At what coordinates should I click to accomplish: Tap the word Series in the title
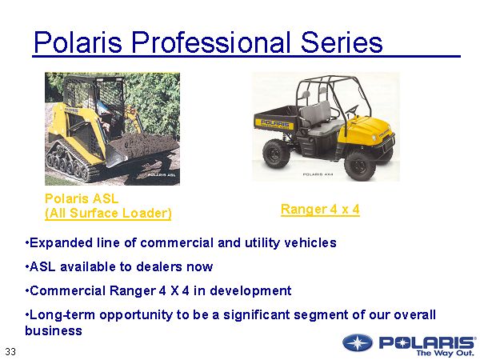342,42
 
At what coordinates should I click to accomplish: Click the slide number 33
10,351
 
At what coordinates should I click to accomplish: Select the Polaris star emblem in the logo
358,342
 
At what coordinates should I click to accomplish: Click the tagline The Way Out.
446,353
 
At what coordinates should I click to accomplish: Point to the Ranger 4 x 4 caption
320,210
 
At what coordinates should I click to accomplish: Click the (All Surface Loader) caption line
108,214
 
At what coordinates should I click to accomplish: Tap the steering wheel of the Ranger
352,110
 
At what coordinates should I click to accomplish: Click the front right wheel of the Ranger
360,166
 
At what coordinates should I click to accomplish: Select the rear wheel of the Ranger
276,154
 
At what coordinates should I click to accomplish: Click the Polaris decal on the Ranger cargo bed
275,124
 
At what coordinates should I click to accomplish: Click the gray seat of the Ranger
318,118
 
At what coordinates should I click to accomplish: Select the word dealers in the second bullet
159,266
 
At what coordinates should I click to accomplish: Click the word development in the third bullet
250,291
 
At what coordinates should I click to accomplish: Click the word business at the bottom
54,330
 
